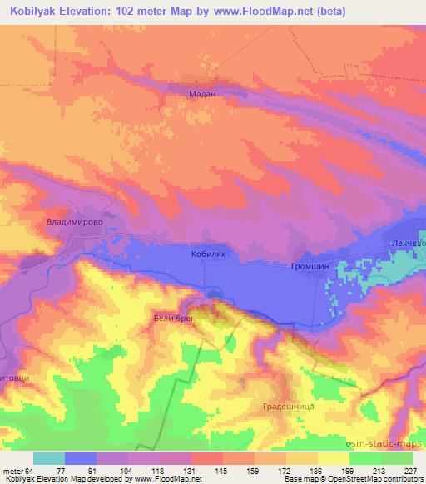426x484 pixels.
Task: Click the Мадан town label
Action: point(203,95)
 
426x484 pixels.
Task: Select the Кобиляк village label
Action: point(209,256)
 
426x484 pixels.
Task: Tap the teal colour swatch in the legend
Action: point(49,458)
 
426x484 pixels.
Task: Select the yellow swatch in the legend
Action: point(334,458)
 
